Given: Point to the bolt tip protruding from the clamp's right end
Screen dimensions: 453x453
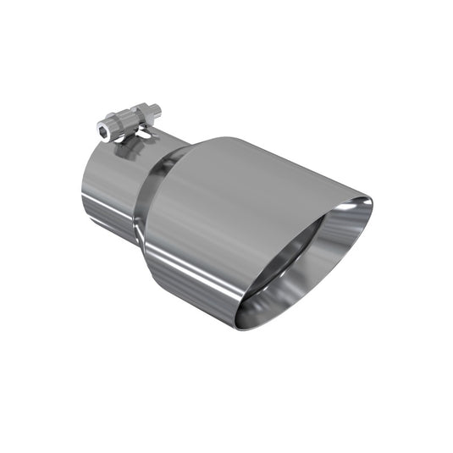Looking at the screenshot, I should (x=157, y=108).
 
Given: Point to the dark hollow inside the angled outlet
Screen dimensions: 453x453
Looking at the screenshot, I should (x=292, y=254).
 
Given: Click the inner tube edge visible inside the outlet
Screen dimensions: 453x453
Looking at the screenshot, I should (x=279, y=246).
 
